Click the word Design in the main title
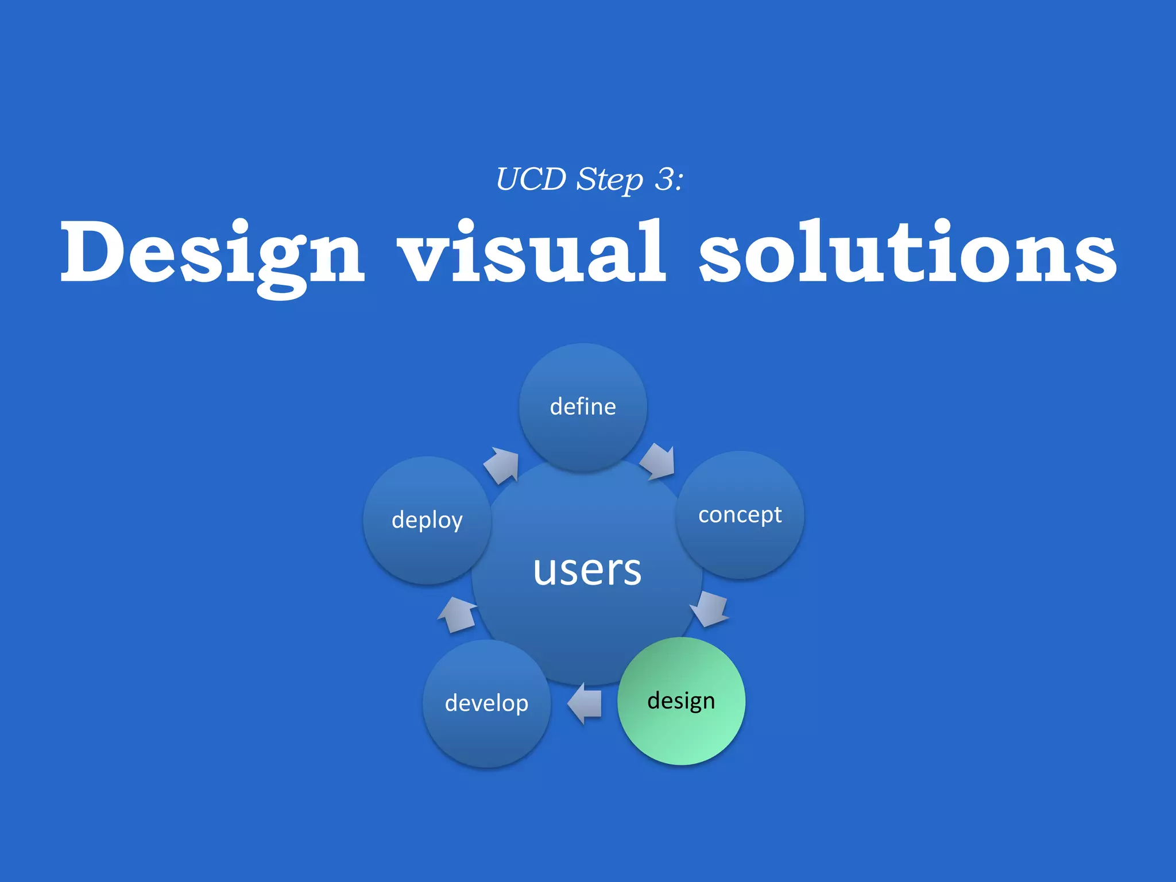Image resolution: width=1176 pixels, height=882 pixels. (212, 253)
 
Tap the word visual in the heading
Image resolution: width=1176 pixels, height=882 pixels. (531, 253)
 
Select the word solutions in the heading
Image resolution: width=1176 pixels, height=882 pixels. (907, 253)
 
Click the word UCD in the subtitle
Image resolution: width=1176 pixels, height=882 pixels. (531, 179)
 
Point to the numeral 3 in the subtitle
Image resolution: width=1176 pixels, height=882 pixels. (664, 179)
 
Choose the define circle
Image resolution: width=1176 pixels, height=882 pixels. (583, 407)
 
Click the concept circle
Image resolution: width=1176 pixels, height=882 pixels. (740, 514)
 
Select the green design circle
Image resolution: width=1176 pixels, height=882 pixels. (681, 701)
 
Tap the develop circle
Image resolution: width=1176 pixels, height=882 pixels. (486, 703)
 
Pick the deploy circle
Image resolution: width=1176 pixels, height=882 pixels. (427, 520)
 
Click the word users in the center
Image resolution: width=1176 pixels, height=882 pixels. (587, 570)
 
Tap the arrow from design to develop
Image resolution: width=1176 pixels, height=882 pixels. (585, 703)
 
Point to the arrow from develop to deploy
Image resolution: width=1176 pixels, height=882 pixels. (458, 615)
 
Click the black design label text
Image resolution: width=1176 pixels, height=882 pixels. (681, 701)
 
